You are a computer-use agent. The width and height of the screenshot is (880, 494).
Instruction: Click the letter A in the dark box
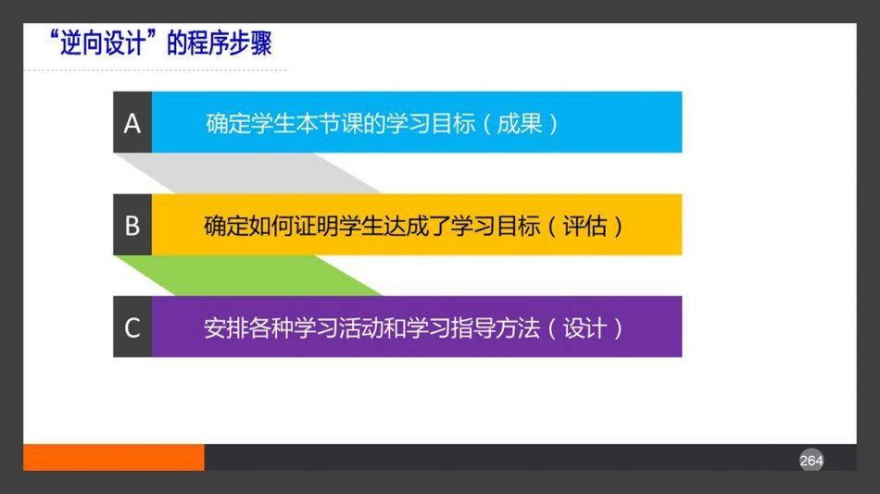[x=132, y=123]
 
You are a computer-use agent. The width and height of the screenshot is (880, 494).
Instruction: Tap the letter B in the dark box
[x=132, y=226]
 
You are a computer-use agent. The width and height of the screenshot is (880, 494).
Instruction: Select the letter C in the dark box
[x=132, y=328]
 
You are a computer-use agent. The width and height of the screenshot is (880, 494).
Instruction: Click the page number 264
[x=811, y=461]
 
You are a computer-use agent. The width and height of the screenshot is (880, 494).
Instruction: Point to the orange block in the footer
[x=114, y=458]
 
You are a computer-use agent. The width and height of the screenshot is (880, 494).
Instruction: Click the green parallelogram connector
[x=248, y=276]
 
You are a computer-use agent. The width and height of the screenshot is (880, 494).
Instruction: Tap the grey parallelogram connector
[x=248, y=173]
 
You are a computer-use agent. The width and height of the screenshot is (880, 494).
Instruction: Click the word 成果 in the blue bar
[x=519, y=123]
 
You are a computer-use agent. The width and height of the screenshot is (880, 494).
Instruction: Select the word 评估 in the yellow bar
[x=585, y=226]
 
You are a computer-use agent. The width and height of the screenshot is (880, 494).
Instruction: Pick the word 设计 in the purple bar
[x=585, y=328]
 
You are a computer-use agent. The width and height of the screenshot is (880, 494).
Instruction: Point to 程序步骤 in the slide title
[x=230, y=43]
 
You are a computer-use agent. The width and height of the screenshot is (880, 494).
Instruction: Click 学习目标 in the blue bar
[x=431, y=123]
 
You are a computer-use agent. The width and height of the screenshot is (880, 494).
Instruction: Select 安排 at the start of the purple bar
[x=226, y=328]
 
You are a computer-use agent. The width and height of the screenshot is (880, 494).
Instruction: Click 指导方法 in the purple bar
[x=496, y=328]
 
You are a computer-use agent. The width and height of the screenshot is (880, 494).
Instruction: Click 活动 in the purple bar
[x=361, y=328]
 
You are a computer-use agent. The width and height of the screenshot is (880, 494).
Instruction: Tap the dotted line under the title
[x=155, y=70]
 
